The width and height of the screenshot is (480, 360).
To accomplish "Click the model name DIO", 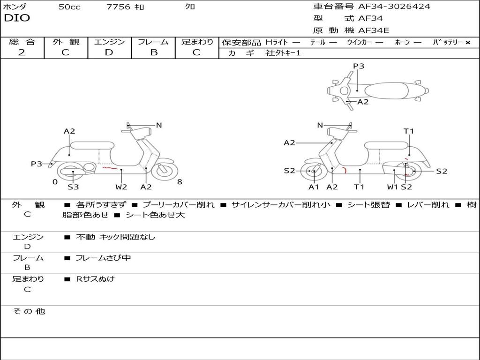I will coord(17,18).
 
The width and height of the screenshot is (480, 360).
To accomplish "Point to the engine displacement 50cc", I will coord(69,7).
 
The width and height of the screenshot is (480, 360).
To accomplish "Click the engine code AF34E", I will coord(374,31).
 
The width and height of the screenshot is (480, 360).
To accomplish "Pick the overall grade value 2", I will coord(22,52).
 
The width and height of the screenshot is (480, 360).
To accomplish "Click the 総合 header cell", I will coord(22,42).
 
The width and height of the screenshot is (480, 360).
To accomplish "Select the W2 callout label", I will coord(121,187).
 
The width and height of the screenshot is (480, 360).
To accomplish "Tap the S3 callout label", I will coord(73,187).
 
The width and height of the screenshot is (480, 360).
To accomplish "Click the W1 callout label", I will coord(392,187).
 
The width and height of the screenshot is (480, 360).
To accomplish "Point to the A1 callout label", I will coord(314,187).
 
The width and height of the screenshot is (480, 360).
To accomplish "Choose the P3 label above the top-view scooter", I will coord(359,66).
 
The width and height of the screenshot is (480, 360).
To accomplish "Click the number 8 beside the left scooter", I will coord(180,182).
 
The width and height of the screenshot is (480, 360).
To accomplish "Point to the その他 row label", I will coord(29,311).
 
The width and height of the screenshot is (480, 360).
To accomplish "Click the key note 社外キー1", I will coord(283,53).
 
